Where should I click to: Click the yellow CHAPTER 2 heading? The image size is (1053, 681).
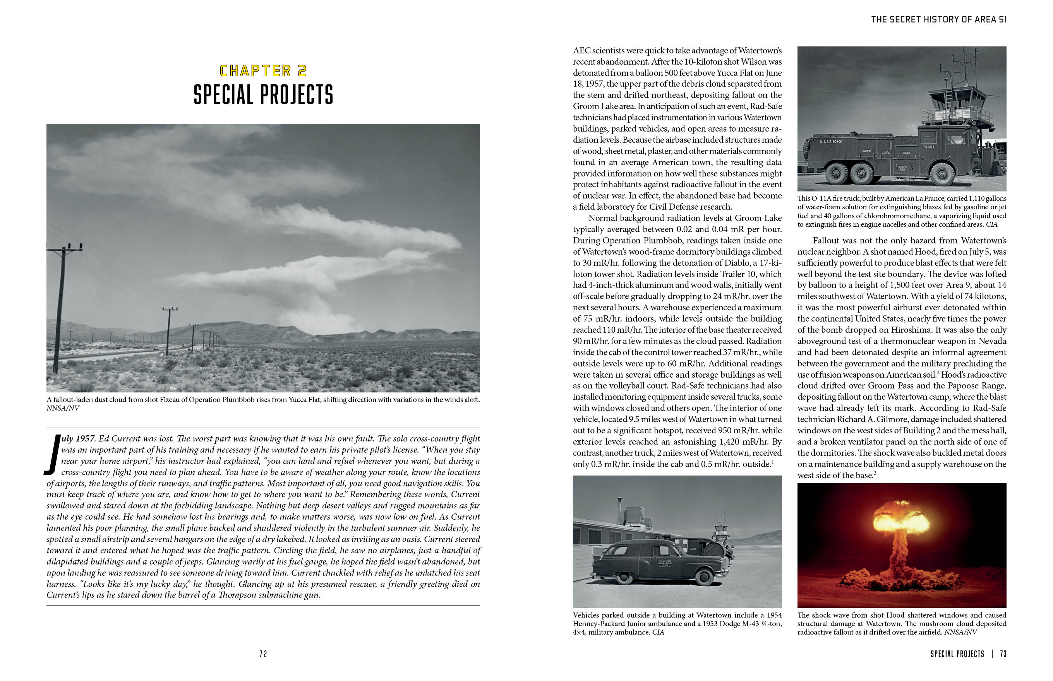click(263, 71)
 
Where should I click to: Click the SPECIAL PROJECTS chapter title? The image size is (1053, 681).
click(263, 95)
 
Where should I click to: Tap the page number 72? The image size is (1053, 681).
click(263, 654)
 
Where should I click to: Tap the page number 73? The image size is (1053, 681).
click(1003, 654)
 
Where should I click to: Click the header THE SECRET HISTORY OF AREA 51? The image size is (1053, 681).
click(938, 19)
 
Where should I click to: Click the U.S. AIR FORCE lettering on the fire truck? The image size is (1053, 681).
click(830, 142)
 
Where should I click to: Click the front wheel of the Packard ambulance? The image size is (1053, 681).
click(704, 577)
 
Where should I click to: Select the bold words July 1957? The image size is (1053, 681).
click(78, 439)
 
